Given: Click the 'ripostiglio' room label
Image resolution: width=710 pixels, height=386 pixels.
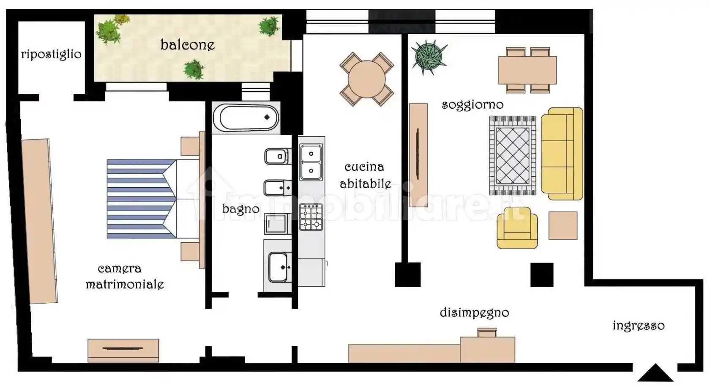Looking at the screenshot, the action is (51, 54).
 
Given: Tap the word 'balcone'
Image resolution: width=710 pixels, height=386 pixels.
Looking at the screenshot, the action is (188, 45).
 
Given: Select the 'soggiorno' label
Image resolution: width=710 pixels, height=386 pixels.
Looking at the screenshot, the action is (472, 104).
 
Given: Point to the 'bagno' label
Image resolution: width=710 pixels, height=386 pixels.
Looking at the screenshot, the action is (241, 209).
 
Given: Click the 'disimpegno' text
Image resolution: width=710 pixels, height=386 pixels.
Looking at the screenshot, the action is (475, 313).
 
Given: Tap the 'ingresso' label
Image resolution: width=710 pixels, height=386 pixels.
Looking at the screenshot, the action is (639, 326).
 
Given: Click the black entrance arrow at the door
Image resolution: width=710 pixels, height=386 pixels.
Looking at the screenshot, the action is (655, 372).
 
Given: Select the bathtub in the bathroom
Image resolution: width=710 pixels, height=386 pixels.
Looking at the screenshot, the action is (246, 118).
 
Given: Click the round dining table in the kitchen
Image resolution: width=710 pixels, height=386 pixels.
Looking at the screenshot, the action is (367, 79).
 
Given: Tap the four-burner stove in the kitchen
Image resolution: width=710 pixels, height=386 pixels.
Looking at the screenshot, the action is (311, 217).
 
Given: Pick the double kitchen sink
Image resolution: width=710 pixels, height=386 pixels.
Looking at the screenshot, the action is (311, 162).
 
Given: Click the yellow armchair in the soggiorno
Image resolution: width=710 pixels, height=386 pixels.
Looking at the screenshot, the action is (517, 228).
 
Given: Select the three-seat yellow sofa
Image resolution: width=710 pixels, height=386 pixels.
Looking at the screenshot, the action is (562, 154).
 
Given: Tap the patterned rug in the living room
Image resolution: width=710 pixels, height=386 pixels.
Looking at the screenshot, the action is (513, 156).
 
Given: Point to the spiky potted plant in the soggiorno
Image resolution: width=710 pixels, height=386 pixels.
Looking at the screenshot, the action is (429, 57).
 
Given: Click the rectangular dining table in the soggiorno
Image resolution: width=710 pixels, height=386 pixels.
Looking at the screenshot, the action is (527, 70).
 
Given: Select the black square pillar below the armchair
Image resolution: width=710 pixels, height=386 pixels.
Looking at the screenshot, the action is (542, 275).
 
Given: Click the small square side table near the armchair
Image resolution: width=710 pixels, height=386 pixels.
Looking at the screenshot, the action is (563, 226).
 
